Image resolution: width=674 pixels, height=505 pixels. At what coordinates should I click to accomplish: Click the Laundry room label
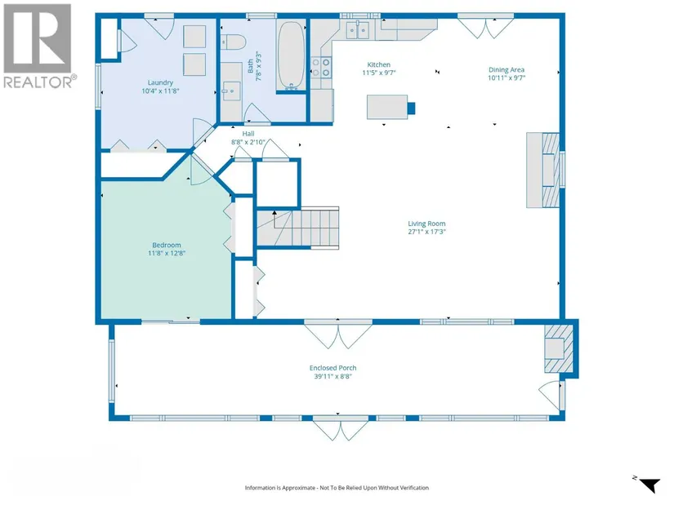[160, 82]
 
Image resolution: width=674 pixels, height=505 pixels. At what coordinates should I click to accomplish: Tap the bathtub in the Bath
[291, 55]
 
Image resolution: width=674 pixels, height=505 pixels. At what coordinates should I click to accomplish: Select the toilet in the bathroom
[233, 42]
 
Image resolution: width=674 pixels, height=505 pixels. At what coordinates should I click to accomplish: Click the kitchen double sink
[358, 30]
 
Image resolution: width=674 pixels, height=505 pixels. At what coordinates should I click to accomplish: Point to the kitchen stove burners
[321, 68]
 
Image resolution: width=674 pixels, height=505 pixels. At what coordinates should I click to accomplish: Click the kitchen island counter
[387, 107]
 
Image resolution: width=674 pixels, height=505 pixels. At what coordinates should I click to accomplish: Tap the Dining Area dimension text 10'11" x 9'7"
[507, 78]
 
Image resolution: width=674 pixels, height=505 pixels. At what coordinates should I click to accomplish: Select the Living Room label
[426, 224]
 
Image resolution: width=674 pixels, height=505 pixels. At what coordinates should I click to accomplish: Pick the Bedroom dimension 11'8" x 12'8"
[167, 253]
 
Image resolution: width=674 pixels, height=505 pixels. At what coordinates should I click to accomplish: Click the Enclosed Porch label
[333, 368]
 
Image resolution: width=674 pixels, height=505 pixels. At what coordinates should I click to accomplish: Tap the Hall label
[248, 134]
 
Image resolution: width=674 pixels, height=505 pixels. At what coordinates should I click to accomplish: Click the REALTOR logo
[38, 45]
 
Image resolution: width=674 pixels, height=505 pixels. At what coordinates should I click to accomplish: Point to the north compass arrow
[649, 485]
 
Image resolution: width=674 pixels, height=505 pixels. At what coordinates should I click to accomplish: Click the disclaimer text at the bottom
[337, 487]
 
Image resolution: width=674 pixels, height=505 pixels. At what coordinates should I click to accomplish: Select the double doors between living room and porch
[338, 335]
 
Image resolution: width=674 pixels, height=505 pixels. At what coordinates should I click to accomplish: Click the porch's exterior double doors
[341, 429]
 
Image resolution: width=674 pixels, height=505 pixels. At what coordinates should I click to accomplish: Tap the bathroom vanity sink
[231, 91]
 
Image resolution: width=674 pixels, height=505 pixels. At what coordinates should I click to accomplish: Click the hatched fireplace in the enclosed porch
[559, 348]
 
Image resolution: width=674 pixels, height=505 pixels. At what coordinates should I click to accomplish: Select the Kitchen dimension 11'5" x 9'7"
[379, 73]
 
